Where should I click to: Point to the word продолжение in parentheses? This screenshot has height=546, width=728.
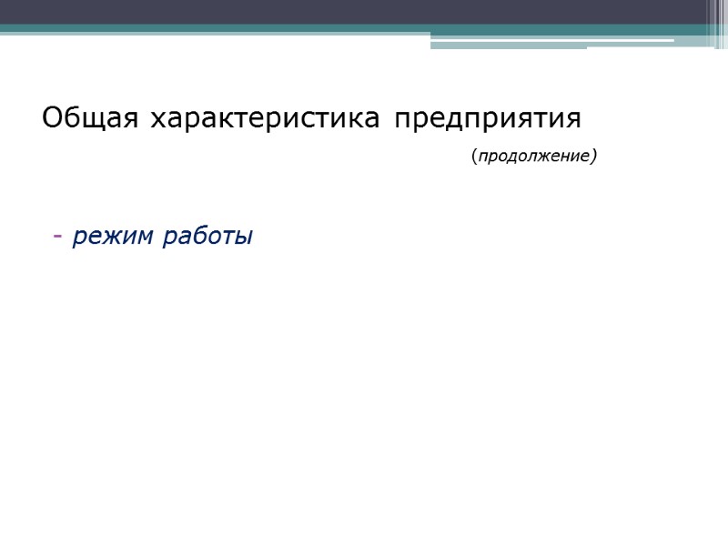click(x=534, y=157)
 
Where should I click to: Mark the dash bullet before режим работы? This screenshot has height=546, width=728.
click(x=57, y=238)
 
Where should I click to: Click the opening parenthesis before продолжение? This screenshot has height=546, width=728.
click(x=474, y=157)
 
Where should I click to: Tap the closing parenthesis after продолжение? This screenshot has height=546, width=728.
click(x=594, y=157)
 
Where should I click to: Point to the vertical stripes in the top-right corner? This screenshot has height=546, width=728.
click(x=717, y=23)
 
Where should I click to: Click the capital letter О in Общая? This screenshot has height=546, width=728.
click(x=51, y=119)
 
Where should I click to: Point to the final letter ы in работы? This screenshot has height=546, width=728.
click(x=243, y=238)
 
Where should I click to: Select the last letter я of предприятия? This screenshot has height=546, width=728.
click(x=573, y=120)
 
